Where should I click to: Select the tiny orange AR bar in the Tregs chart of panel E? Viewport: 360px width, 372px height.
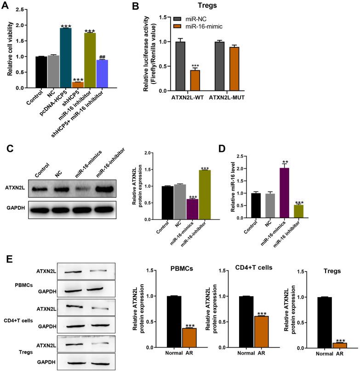point(328,345)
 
